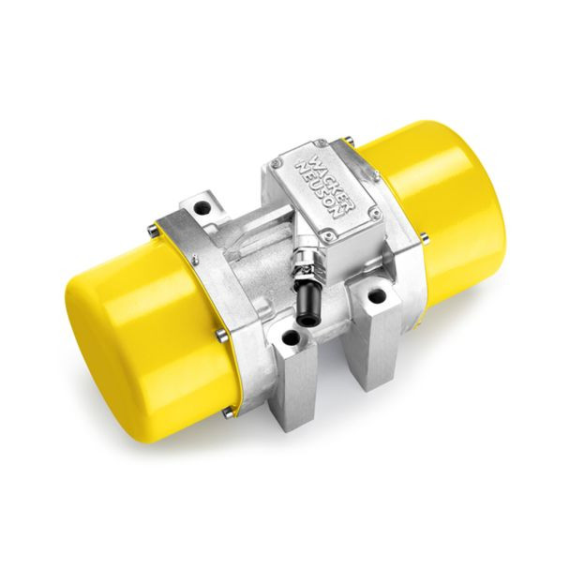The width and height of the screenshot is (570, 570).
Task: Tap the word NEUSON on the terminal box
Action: (319, 190)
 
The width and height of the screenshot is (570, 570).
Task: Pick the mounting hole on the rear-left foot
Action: (202, 209)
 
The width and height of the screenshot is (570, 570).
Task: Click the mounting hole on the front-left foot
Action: (291, 338)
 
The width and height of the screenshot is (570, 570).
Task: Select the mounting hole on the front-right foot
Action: (377, 295)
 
